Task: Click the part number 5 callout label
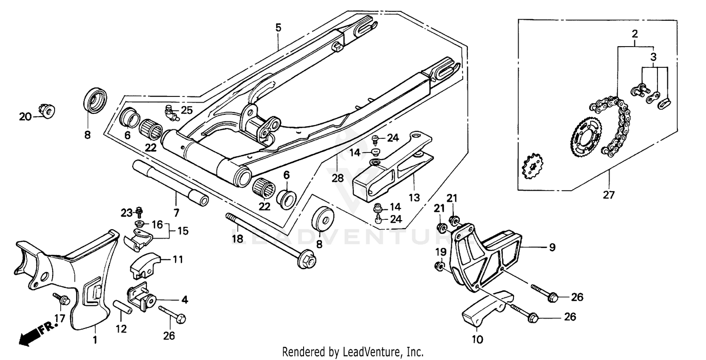(x=278, y=28)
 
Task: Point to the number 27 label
(x=609, y=194)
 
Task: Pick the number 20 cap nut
(x=48, y=111)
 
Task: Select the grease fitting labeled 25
(x=171, y=112)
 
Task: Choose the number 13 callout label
(x=413, y=197)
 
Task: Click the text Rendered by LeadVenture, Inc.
(x=353, y=352)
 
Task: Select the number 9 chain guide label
(x=552, y=247)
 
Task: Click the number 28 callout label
(x=337, y=178)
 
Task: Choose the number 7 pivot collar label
(x=176, y=213)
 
